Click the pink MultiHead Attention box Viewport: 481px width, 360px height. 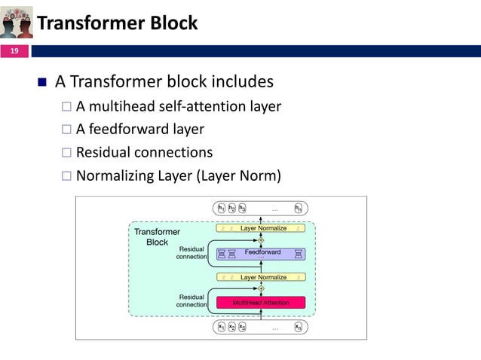point(261,302)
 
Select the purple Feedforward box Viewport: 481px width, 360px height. point(261,253)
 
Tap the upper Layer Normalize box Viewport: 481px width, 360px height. point(261,227)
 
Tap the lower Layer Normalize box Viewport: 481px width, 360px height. point(261,277)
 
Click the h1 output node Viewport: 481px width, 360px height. point(222,209)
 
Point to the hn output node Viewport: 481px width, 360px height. point(299,209)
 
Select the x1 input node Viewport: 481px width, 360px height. point(222,327)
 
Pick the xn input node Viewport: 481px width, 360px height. point(299,327)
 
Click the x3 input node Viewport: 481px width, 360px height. point(242,327)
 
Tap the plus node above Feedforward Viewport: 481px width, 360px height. point(261,239)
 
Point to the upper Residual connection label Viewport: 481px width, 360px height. point(191,252)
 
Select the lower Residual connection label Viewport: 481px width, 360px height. point(191,301)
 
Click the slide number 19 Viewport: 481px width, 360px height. point(14,51)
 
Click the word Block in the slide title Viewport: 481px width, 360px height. point(174,23)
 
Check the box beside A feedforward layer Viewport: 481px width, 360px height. point(66,130)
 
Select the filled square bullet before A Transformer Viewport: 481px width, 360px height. point(41,81)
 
